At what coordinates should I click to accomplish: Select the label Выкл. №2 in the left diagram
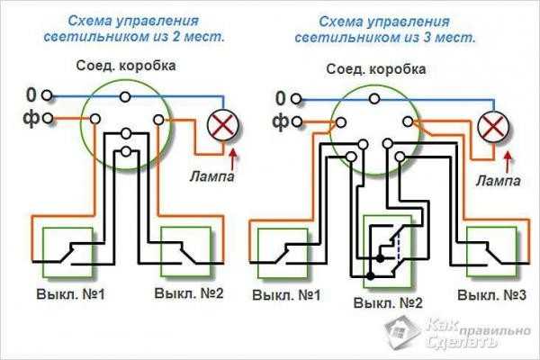click(188, 294)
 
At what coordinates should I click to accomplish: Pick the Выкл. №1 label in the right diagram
click(287, 295)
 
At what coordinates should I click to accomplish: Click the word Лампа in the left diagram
click(213, 176)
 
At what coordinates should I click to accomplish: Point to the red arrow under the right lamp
click(508, 162)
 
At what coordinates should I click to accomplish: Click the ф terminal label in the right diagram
click(280, 120)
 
